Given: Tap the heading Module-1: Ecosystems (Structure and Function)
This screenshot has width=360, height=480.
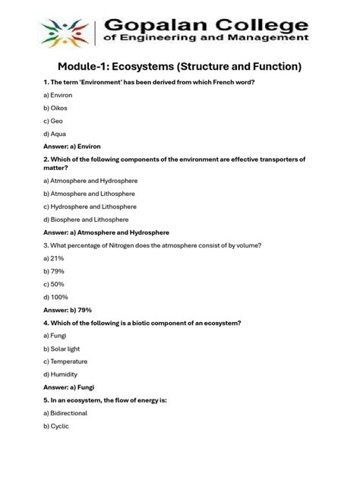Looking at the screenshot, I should pyautogui.click(x=180, y=68).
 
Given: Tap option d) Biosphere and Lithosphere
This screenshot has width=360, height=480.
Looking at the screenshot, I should pyautogui.click(x=86, y=219).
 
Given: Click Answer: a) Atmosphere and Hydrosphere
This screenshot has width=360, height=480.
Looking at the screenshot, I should pyautogui.click(x=106, y=232).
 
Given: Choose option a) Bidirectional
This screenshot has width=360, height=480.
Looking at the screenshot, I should pyautogui.click(x=65, y=413).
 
